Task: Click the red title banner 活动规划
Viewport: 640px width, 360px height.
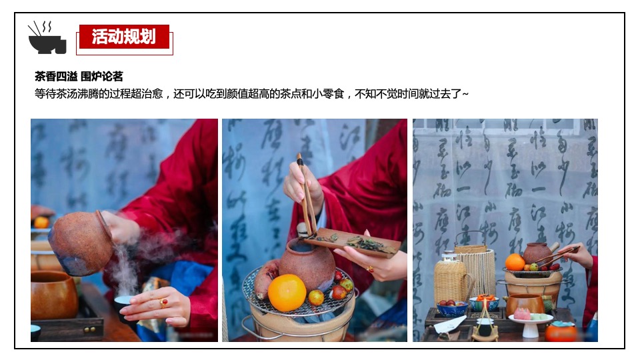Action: pos(124,37)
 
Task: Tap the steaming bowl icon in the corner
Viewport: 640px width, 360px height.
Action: pos(47,38)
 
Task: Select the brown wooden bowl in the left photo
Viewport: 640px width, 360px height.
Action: pos(53,293)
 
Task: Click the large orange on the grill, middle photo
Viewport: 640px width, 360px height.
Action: pos(287,293)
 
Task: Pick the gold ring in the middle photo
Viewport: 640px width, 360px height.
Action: pos(369,269)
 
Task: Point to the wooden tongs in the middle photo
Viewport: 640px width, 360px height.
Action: pos(306,193)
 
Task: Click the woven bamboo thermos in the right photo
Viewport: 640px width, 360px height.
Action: pos(451,280)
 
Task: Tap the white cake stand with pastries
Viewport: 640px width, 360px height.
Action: pos(530,319)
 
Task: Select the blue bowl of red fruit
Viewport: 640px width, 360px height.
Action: pos(452,308)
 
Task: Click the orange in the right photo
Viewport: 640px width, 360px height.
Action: pos(515,262)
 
